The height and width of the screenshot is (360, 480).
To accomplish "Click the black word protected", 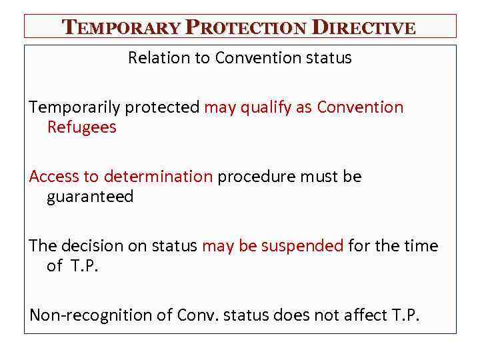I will tap(169, 107).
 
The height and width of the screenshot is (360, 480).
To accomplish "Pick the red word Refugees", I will tap(81, 127).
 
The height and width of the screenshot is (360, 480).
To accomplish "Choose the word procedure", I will tap(257, 177).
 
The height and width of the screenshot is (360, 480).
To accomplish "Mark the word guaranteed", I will tap(90, 197).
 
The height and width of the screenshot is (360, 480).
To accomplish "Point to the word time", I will tap(421, 246).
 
